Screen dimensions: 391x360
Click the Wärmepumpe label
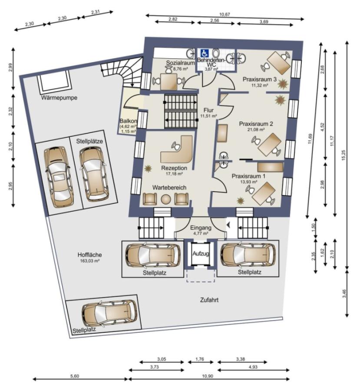[59, 98]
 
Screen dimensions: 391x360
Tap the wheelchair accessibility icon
[205, 53]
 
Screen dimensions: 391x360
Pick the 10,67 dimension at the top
[225, 14]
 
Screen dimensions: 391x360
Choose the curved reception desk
[177, 150]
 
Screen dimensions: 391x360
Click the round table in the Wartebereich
[166, 199]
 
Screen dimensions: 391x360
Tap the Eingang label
[201, 227]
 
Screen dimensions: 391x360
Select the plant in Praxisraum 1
[240, 200]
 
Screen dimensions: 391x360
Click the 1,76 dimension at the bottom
[200, 359]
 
